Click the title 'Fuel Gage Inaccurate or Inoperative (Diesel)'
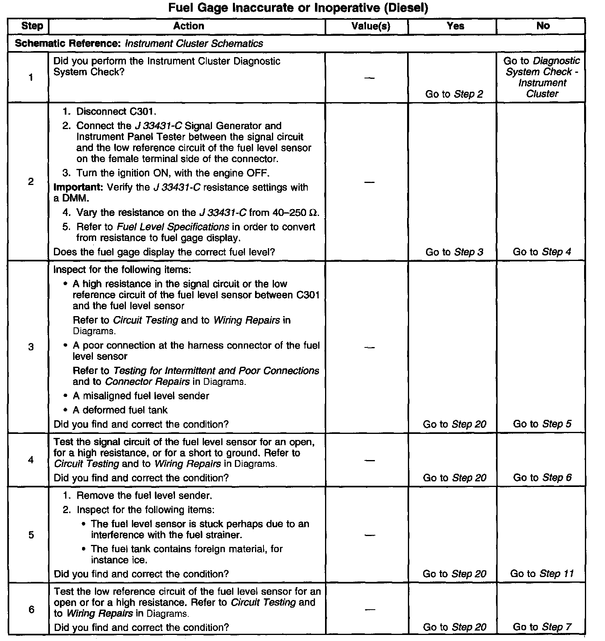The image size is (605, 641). pos(298,8)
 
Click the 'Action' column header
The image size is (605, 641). pos(188,26)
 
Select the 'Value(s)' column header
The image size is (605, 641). pos(370,26)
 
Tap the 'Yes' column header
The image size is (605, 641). pos(455,26)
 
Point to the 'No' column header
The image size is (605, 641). pos(543,26)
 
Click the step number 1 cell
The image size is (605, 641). pos(31,78)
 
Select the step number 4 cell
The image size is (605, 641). pos(31,460)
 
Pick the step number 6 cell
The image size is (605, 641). pos(31,610)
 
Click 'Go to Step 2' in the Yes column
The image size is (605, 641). pos(454,94)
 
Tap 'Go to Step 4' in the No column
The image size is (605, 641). pos(541,252)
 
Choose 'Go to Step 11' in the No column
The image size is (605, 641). pos(541,574)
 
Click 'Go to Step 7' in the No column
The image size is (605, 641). pos(542,627)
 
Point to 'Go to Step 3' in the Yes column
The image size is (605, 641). pos(454,252)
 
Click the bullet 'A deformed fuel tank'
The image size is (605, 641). pos(120,410)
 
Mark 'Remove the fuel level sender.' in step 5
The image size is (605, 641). pos(144,495)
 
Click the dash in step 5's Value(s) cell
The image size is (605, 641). pos(370,535)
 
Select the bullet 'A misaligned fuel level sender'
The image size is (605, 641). pos(141,396)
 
